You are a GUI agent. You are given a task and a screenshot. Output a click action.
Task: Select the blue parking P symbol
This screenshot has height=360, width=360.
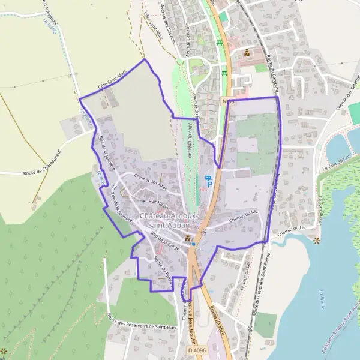pos(209,184)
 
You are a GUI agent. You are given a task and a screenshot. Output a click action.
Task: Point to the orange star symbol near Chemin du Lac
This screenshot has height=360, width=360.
pos(316,241)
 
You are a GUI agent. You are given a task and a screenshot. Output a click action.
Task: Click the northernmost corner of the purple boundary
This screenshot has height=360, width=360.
pos(145,59)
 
